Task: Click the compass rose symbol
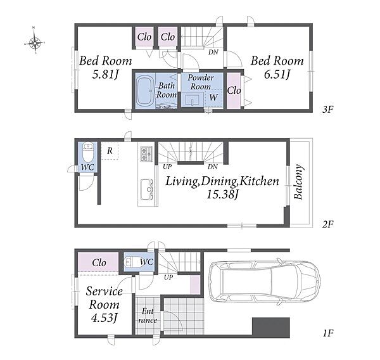coord(35,42)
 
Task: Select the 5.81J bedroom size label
coord(105,74)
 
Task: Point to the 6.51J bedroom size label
coord(277,74)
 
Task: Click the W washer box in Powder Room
coord(213,98)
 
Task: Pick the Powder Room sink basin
coord(192,100)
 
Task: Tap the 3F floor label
coord(327,110)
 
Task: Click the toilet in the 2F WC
coord(88,152)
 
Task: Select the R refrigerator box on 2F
coord(110,151)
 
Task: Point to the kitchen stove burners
coord(146,154)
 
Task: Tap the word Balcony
coord(298,182)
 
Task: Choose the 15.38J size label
coord(222,195)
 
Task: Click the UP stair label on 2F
coord(167,167)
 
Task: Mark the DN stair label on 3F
coord(213,52)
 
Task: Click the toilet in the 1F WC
coord(132,262)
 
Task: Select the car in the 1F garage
coord(265,281)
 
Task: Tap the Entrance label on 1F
coord(148,316)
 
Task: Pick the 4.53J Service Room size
coord(104,318)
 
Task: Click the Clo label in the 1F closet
coord(99,262)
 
